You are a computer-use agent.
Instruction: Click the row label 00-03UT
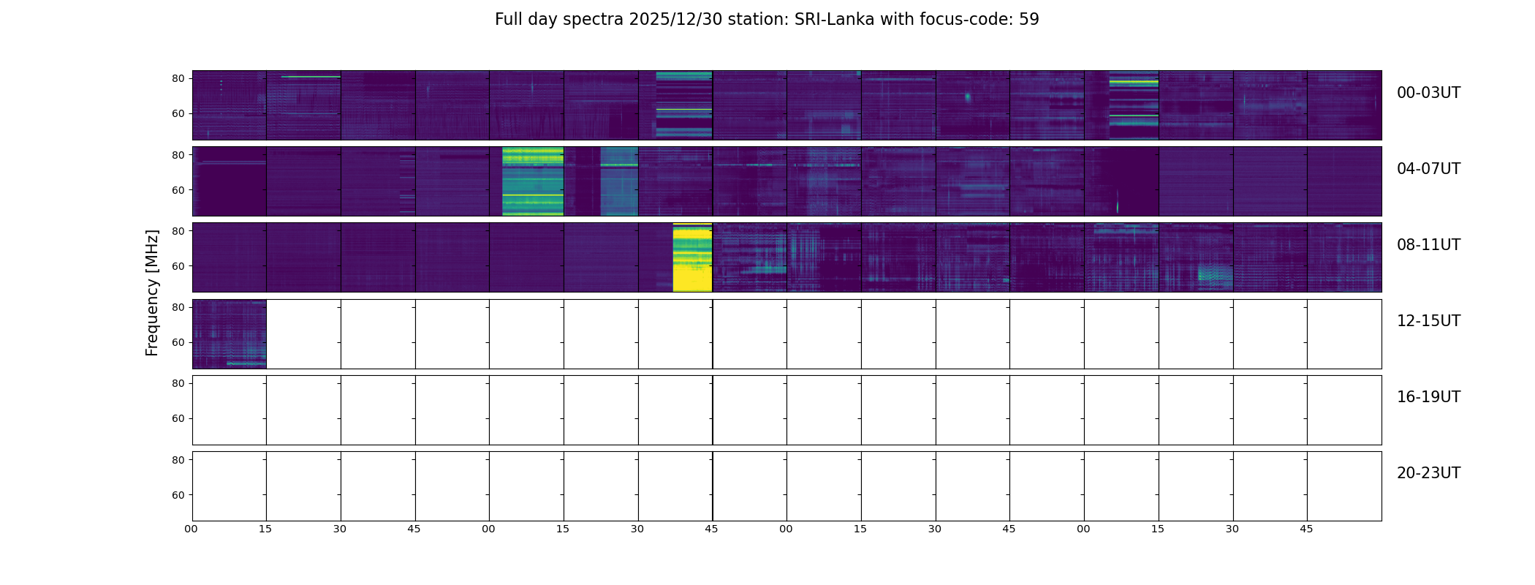click(x=1428, y=93)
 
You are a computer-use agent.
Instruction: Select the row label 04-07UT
click(x=1428, y=169)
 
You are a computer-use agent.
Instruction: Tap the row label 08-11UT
click(x=1428, y=245)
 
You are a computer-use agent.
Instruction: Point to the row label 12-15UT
click(x=1428, y=321)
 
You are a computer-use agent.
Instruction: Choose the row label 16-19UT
click(x=1428, y=397)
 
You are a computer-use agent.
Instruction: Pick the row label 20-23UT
click(x=1428, y=473)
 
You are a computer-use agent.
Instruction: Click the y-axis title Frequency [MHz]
click(x=152, y=292)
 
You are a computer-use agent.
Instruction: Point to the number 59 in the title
click(x=1029, y=20)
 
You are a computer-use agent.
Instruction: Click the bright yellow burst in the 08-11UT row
click(x=692, y=257)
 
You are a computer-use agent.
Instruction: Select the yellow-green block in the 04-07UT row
click(x=533, y=181)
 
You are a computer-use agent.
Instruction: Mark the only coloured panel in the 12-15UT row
click(x=230, y=334)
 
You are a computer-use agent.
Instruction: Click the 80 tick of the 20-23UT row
click(x=178, y=460)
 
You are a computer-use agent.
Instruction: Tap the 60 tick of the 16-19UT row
click(x=178, y=419)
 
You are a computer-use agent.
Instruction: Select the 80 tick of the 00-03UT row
click(x=178, y=79)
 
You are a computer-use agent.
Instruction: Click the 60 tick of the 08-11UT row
click(x=178, y=266)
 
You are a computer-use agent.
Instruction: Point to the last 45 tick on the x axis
click(x=1306, y=529)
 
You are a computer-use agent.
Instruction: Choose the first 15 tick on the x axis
click(x=265, y=529)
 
